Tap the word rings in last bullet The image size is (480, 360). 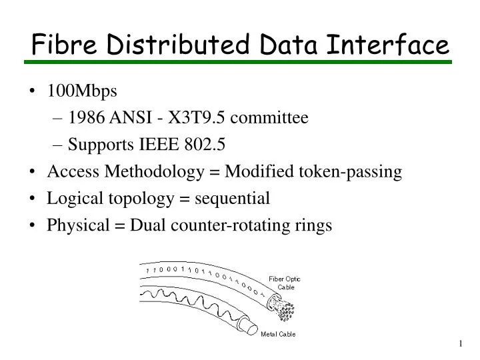(314, 226)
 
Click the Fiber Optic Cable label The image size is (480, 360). (285, 283)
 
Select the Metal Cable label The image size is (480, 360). (278, 333)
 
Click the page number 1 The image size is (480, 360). (460, 343)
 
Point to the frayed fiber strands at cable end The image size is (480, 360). (283, 307)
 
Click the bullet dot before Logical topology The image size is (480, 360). (34, 199)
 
